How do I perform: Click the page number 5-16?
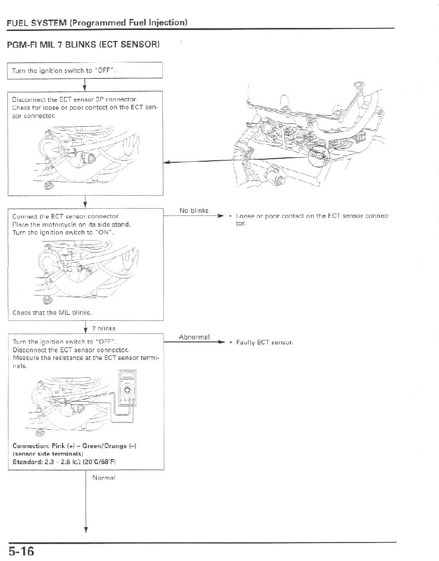pos(20,552)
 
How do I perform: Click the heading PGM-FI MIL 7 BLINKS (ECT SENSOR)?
pos(83,45)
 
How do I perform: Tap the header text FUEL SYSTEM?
pos(37,22)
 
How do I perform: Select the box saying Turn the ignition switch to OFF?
pos(85,70)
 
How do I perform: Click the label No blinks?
pos(194,210)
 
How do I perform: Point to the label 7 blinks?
pos(104,328)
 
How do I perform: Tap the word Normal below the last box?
pos(104,478)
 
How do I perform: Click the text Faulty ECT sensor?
pos(264,343)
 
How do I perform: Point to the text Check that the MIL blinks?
pos(52,313)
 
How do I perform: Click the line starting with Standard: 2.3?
pos(64,462)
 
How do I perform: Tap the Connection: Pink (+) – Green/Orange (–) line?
pos(71,446)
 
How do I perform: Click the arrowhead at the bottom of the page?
pos(86,530)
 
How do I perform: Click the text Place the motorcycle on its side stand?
pos(71,225)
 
